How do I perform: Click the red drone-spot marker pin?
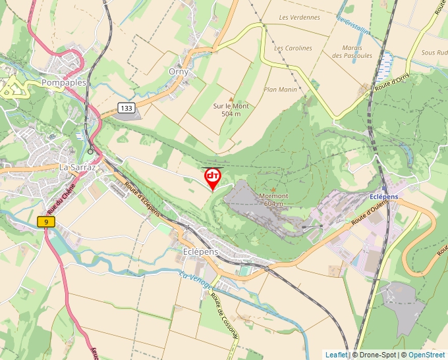pos(213,177)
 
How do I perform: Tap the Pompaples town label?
pos(63,83)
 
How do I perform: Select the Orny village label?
pos(178,72)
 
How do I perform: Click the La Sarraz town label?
pos(78,167)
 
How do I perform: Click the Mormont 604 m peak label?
pos(273,199)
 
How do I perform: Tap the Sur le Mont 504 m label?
pos(231,109)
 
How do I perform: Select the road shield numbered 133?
pos(126,107)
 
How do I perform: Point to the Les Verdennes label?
pos(299,17)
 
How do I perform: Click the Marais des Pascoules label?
pos(357,51)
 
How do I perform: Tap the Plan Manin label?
pos(281,90)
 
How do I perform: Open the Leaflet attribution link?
pos(336,355)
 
